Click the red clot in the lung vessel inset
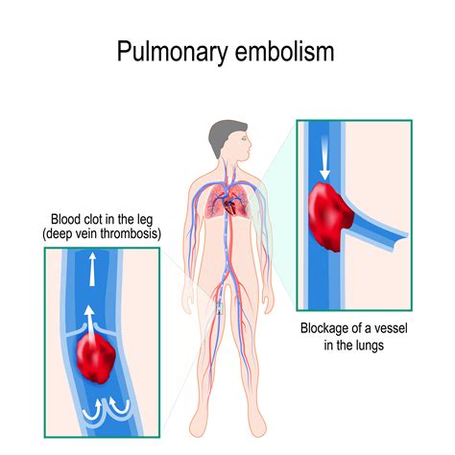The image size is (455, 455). click(x=329, y=216)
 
